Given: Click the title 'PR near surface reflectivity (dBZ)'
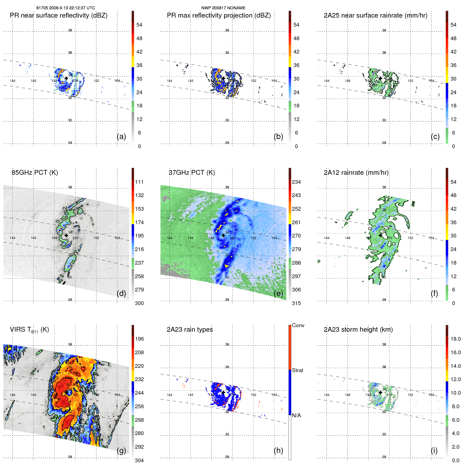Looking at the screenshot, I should pos(59,15).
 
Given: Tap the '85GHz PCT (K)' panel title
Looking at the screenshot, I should pos(35,173).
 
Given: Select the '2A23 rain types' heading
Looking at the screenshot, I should pos(190,330).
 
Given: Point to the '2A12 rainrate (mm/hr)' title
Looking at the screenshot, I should pos(356,173).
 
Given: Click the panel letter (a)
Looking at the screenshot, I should pos(121,136).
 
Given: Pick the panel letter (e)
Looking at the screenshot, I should pos(278,293).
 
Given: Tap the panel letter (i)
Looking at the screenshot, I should pos(434,451).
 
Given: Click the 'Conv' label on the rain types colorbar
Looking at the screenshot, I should pos(298,325).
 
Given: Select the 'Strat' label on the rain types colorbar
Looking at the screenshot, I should pos(297,370).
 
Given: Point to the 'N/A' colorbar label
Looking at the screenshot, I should pos(296,415).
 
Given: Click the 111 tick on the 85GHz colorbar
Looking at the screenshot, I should pos(139,182).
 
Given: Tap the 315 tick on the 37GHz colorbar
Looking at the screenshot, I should pos(296,303).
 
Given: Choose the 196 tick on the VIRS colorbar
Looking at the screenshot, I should pos(139,339).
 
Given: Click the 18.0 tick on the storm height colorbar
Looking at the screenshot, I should pos(455,339).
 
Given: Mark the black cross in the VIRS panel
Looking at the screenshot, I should pos(66,393).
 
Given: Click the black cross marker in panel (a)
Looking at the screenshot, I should pos(66,78).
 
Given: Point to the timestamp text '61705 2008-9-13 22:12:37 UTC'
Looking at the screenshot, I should pos(66,8).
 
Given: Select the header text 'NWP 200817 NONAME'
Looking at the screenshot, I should pos(223,8).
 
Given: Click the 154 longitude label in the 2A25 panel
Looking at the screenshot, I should pos(431,81).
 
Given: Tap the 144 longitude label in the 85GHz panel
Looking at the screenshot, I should pos(12,238).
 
